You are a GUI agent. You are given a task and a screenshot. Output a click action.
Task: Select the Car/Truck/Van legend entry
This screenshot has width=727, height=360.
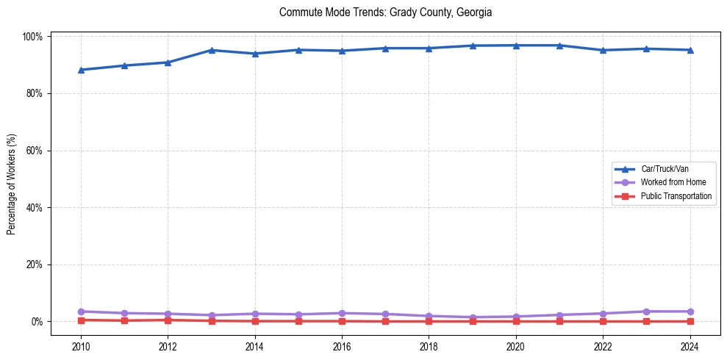coord(665,169)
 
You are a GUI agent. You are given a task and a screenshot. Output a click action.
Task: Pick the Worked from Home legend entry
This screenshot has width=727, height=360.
coord(673,182)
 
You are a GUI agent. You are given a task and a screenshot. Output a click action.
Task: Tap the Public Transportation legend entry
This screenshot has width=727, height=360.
coord(676,196)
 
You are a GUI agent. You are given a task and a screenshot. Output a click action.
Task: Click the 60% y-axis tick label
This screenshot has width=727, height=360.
coord(35,151)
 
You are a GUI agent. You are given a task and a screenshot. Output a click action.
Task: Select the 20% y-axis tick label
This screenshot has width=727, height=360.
coord(35,264)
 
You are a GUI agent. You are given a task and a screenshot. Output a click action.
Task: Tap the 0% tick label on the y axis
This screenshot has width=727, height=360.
coord(37,322)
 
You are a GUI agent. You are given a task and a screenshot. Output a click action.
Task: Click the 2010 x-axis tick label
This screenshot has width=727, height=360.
coord(81,347)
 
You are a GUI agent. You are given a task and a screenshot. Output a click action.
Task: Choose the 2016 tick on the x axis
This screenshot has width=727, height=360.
coord(342,347)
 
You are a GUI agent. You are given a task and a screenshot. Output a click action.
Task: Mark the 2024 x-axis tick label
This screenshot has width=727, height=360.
coord(690,347)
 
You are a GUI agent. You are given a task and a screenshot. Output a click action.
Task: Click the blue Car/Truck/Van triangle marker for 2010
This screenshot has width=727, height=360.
coord(81,70)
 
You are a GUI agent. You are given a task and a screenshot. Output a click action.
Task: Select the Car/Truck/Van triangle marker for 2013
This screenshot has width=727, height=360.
coord(211,50)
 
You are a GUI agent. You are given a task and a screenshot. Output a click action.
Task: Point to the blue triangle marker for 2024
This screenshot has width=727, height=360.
coord(690,50)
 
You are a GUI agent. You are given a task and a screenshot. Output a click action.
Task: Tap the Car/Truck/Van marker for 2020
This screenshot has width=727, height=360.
coord(515,46)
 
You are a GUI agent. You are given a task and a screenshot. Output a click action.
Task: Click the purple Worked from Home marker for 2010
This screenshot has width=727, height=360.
coord(81,312)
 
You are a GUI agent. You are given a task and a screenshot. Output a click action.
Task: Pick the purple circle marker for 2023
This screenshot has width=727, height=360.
coord(646,312)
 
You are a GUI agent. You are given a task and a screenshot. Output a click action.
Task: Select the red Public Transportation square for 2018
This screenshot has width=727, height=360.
coord(429,321)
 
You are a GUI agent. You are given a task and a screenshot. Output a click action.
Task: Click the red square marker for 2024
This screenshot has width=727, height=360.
coord(690,321)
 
